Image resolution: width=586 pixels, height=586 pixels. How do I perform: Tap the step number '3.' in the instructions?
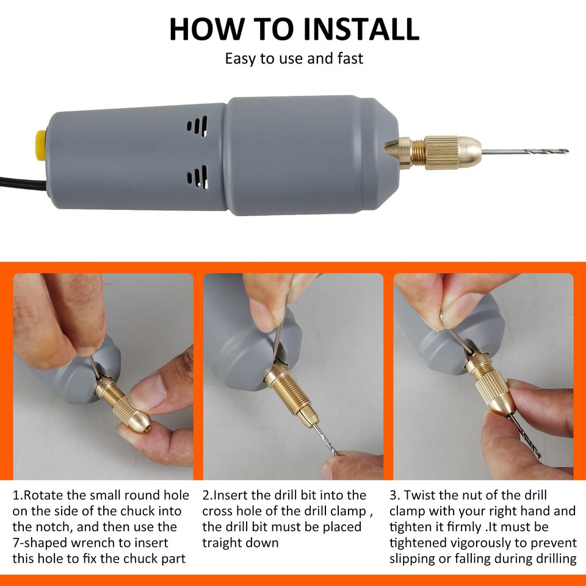click(394, 495)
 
